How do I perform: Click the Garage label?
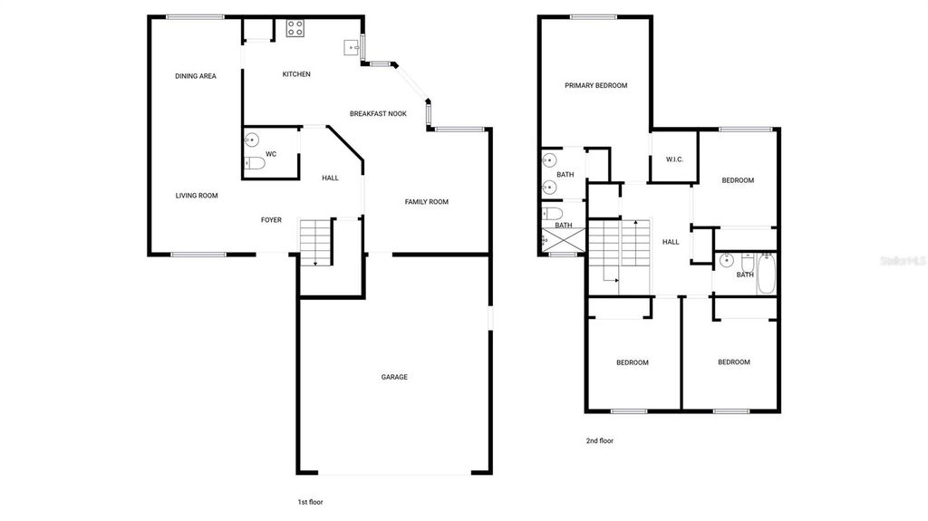(x=394, y=377)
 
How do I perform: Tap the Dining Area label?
(x=196, y=76)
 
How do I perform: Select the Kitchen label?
(x=296, y=74)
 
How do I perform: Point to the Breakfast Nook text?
(x=378, y=113)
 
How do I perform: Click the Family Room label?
(x=426, y=202)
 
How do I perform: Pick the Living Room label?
(x=197, y=195)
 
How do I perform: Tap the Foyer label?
(x=271, y=220)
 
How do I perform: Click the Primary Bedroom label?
(x=595, y=86)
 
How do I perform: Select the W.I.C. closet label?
(x=674, y=160)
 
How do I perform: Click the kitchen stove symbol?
(x=295, y=29)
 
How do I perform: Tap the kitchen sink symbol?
(x=353, y=48)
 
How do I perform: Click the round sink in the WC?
(x=252, y=140)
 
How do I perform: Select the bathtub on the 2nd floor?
(x=767, y=275)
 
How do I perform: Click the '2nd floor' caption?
(x=600, y=441)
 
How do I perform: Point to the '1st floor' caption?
(x=310, y=500)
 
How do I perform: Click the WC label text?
(x=271, y=153)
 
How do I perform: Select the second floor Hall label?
(x=671, y=242)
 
